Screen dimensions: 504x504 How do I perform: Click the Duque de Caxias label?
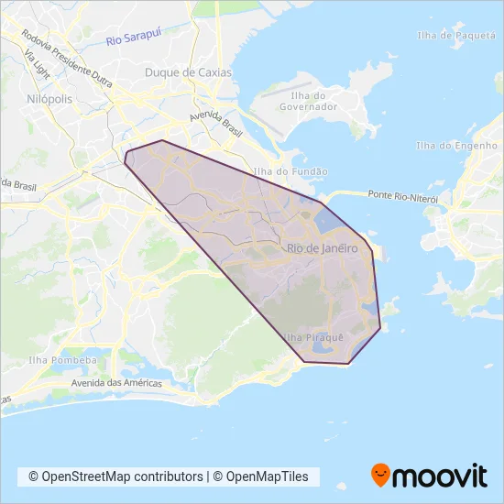coord(189,72)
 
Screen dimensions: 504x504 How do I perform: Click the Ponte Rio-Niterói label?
coord(403,196)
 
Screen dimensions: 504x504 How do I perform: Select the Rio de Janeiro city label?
coord(322,248)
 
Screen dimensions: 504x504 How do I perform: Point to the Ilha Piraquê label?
coord(314,337)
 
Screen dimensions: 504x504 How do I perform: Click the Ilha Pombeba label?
coord(63,360)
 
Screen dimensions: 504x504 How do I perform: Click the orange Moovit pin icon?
coord(379,475)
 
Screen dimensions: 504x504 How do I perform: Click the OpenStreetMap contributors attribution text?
coord(115,477)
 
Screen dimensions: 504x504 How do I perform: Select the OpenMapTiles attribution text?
coord(266,477)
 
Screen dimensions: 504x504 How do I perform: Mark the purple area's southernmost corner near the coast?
coord(348,364)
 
